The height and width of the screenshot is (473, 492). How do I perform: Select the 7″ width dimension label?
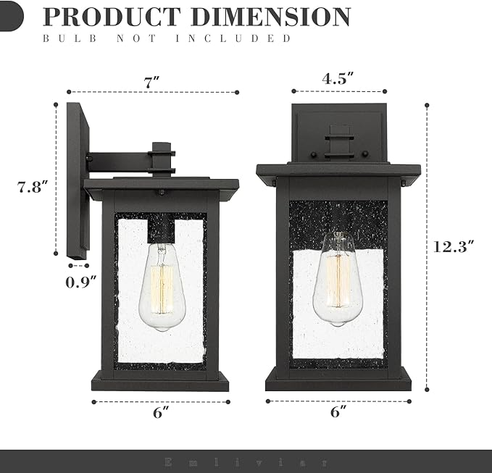(x=151, y=82)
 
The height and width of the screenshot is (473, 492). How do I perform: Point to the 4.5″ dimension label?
(x=338, y=80)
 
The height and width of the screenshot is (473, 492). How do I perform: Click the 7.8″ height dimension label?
(x=33, y=186)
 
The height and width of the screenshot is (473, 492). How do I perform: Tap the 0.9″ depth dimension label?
(x=80, y=282)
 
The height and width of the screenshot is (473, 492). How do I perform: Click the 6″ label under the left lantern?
(x=161, y=414)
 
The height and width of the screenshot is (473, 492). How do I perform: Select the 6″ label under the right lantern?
(x=338, y=413)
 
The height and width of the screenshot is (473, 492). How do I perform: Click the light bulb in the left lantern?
(x=160, y=286)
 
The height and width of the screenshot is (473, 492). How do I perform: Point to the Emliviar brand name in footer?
(x=246, y=461)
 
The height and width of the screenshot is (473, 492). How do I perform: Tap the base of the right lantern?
(x=338, y=378)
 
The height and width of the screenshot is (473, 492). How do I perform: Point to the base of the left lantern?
(x=160, y=380)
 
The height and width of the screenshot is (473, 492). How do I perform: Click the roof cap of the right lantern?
(x=338, y=170)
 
